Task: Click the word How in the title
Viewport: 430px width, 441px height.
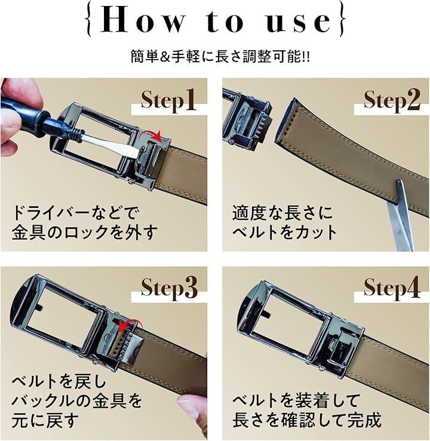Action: click(x=143, y=20)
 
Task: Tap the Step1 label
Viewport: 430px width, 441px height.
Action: click(x=168, y=100)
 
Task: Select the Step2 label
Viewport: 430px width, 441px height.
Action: click(x=392, y=100)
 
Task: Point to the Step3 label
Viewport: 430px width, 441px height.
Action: click(x=169, y=288)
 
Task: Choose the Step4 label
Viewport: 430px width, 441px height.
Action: click(x=392, y=288)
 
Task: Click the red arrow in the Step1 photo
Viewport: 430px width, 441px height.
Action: click(x=153, y=134)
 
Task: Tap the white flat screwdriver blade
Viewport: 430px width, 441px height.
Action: click(x=113, y=143)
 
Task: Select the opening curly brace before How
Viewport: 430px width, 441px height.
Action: click(x=89, y=20)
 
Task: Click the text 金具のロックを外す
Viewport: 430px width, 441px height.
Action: click(x=84, y=232)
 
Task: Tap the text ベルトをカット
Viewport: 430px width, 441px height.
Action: click(x=284, y=232)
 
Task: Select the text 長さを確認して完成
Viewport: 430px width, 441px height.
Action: click(x=307, y=420)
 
